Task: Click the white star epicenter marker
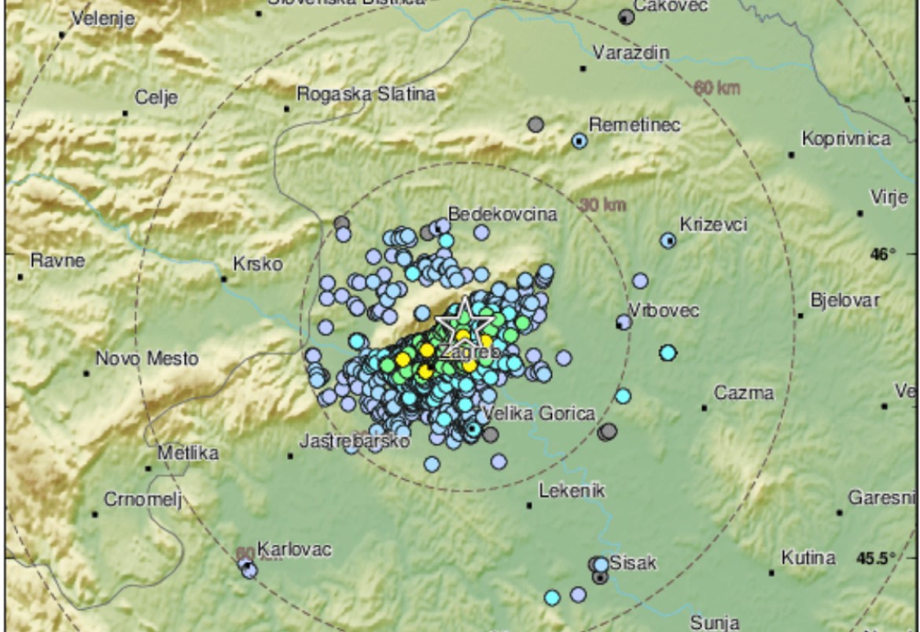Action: click(464, 320)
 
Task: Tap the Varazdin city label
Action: click(631, 53)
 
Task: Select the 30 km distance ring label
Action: click(603, 205)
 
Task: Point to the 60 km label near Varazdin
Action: click(716, 88)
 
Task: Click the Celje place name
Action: click(156, 98)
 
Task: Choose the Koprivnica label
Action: click(846, 139)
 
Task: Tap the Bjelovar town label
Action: click(845, 300)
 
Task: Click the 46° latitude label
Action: click(883, 255)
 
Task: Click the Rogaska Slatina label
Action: click(366, 94)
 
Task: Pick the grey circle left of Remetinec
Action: click(535, 124)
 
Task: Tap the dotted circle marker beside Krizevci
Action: click(668, 241)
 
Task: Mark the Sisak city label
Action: click(633, 563)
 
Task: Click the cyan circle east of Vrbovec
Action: click(668, 353)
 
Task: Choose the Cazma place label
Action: click(743, 393)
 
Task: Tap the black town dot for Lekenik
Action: click(529, 505)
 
